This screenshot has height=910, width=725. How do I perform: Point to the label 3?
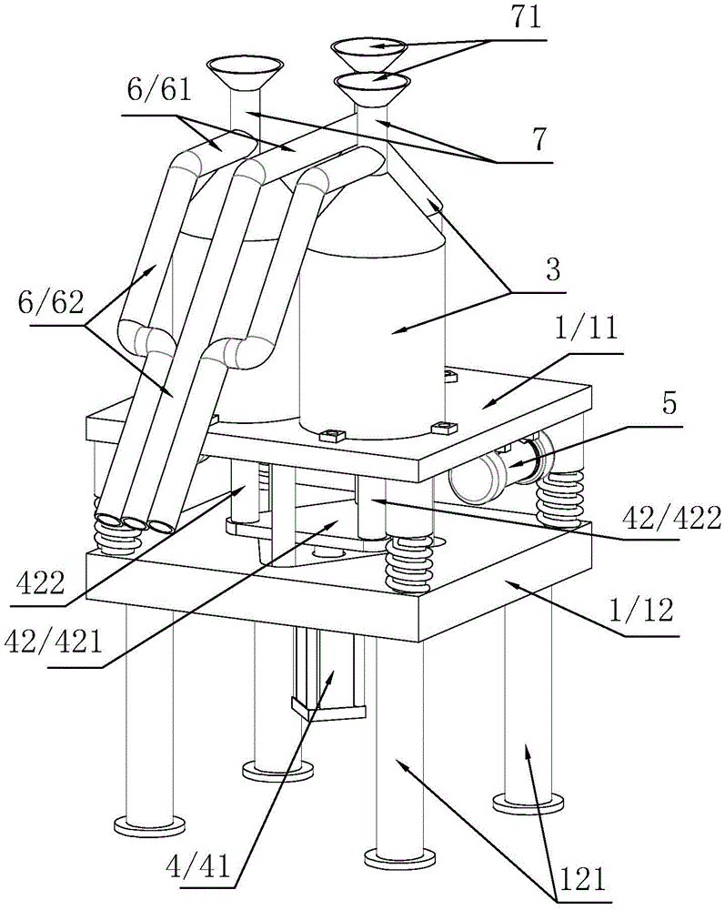point(553,270)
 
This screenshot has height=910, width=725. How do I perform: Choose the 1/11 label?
point(587,329)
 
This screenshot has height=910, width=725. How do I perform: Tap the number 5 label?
point(669,404)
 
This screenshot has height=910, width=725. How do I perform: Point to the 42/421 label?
point(54,642)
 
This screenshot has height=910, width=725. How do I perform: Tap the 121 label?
point(583,880)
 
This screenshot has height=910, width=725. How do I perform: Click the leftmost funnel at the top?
point(245,73)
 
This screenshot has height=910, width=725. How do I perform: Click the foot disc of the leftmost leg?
point(150,824)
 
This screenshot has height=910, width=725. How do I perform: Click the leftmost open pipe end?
point(108,519)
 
